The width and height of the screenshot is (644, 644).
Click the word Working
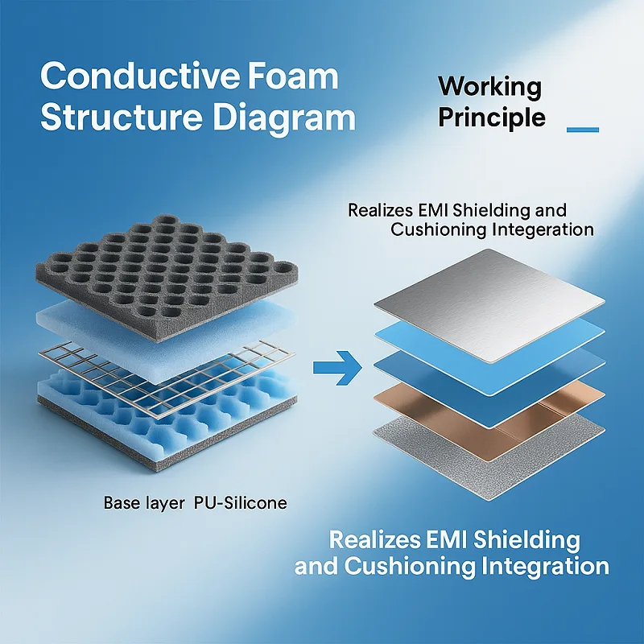click(489, 86)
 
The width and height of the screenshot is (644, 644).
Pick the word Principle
click(491, 118)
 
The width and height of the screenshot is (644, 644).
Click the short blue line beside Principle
click(583, 129)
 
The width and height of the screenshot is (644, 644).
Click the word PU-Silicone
click(241, 504)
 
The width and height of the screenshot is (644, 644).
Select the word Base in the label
click(121, 504)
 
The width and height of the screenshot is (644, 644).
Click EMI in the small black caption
click(434, 211)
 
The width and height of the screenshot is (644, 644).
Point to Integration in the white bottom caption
click(547, 566)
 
